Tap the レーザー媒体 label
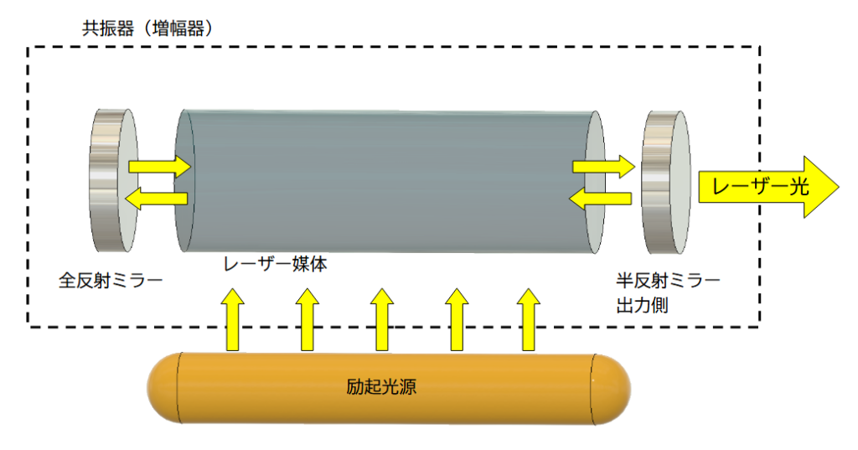[274, 264]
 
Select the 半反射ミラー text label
[667, 278]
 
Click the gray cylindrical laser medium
[390, 180]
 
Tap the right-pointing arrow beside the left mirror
[159, 166]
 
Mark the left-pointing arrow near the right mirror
[600, 199]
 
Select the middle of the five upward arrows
[382, 318]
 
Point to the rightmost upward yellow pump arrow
[529, 318]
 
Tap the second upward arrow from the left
[308, 318]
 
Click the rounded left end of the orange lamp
[163, 387]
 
